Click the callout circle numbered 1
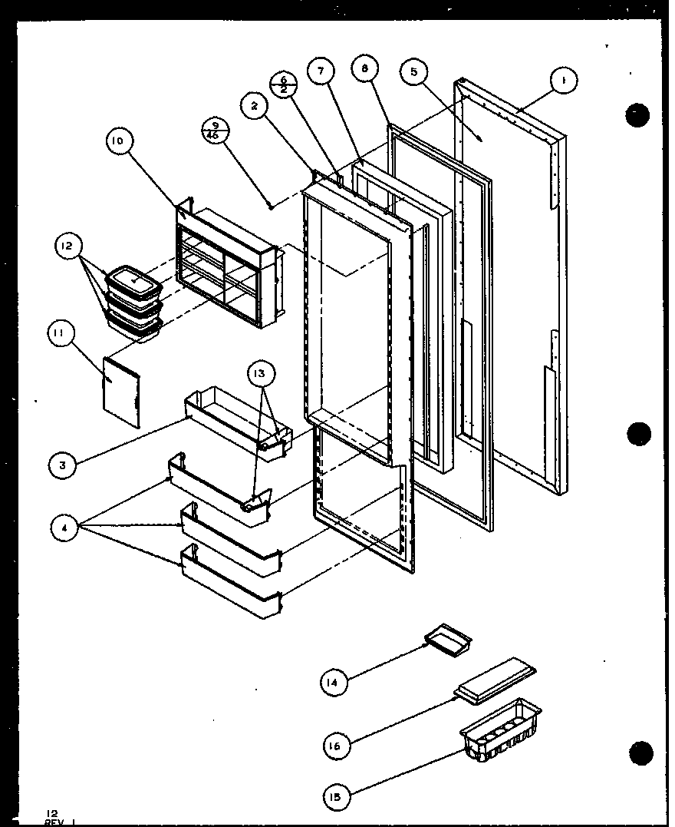563,80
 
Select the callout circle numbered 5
414,73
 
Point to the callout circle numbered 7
320,71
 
